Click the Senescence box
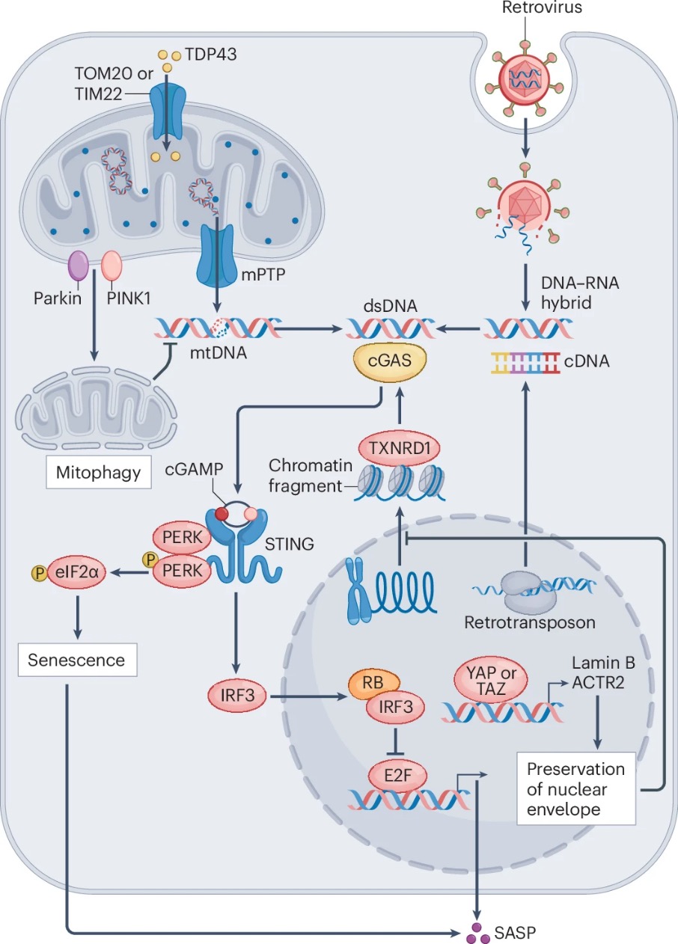point(76,659)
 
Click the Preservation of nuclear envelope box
point(575,789)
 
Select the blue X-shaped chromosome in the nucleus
point(358,592)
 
